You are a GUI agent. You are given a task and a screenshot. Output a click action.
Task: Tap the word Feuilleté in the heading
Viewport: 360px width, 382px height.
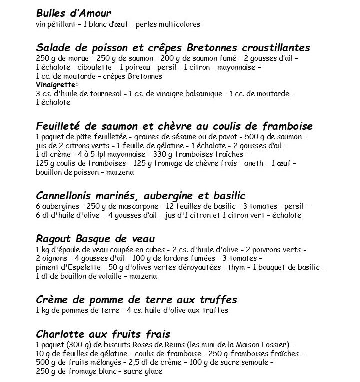pos(60,126)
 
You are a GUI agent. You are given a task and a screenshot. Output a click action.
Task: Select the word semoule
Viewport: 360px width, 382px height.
pos(255,363)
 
